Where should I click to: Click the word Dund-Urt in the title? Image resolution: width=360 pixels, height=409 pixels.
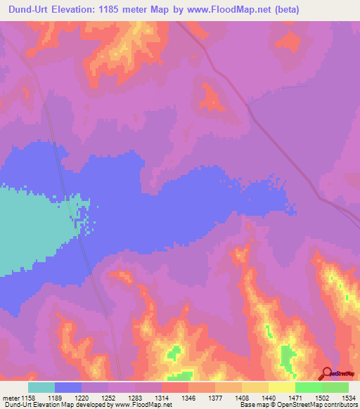tap(34, 10)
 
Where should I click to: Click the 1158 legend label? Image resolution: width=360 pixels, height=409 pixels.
tap(28, 398)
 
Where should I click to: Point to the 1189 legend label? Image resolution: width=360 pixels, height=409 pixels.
tap(55, 398)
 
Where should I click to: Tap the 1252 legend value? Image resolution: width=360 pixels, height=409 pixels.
tap(108, 398)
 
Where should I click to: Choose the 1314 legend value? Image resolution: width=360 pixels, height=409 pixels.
tap(162, 398)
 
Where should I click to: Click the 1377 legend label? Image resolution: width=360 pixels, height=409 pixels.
tap(215, 398)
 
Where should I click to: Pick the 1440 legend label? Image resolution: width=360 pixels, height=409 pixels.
tap(269, 398)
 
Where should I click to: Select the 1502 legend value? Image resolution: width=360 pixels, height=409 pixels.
tap(322, 398)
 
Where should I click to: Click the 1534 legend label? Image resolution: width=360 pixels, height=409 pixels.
tap(349, 398)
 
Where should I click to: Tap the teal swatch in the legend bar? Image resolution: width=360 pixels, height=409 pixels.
tap(41, 387)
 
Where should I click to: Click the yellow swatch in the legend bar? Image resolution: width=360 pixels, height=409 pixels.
tap(281, 387)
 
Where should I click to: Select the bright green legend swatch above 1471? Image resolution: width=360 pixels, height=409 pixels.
tap(308, 387)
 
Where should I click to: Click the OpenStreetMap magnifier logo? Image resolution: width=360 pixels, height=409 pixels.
tap(327, 374)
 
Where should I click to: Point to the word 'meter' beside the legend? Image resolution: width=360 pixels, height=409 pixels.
tap(11, 398)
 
